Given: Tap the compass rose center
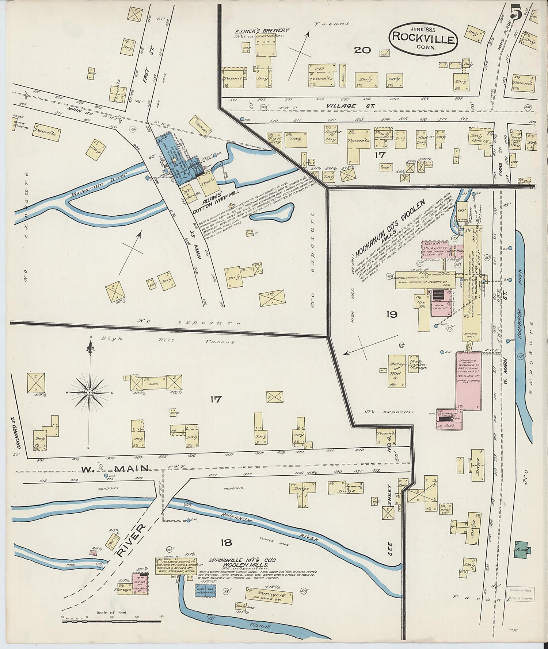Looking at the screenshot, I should [89, 393].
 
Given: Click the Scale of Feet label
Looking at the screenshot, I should [112, 613].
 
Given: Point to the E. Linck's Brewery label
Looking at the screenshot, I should [262, 31].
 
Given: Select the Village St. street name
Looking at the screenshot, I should [341, 106].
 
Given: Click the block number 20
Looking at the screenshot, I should [362, 50].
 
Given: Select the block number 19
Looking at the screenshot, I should [392, 314].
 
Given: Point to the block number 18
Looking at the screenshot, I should [226, 543].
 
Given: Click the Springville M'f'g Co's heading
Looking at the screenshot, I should [242, 560].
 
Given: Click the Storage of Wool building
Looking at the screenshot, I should [397, 371].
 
